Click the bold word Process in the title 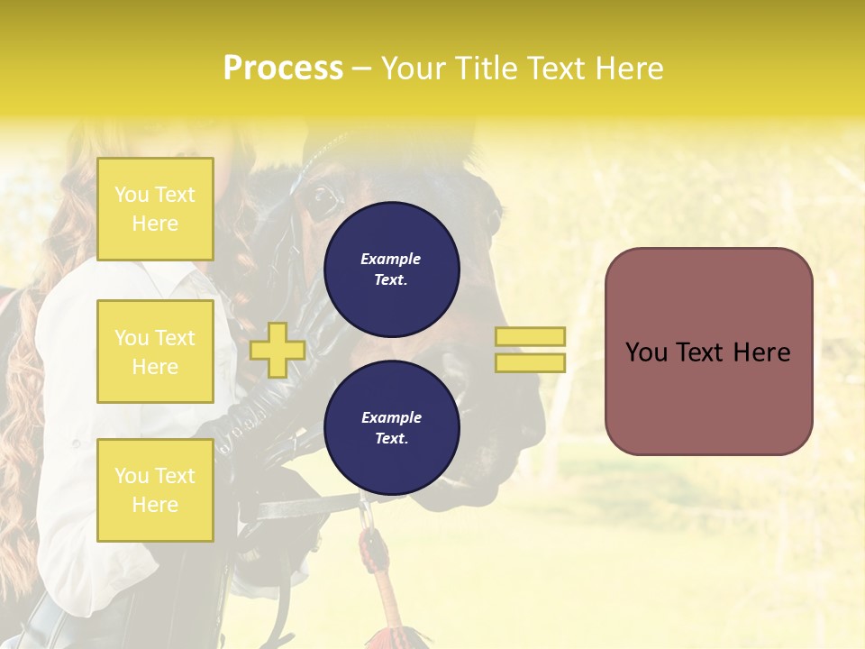pos(283,68)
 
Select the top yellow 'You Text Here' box pos(155,209)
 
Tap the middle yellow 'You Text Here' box pos(155,352)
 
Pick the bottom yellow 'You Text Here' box pos(155,490)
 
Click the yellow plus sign pos(278,350)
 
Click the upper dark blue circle pos(391,269)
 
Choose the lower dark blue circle pos(391,427)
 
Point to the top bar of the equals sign pos(531,336)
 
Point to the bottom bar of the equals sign pos(531,362)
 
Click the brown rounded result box pos(708,352)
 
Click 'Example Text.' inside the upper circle pos(391,269)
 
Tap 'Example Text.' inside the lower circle pos(391,427)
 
